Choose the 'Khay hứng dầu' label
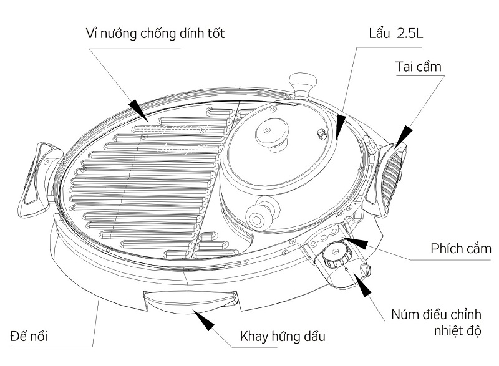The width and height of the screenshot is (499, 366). tap(283, 337)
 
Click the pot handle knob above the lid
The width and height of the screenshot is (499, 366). tap(301, 81)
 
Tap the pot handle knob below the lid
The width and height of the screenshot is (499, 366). tap(258, 216)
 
